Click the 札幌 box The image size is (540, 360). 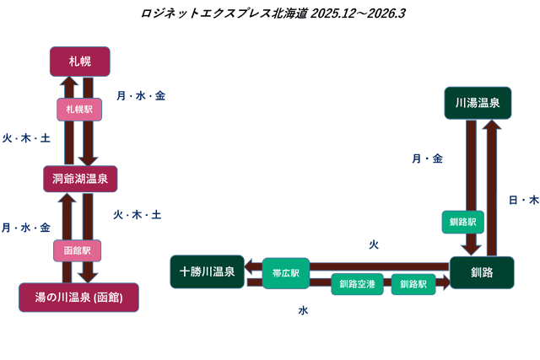coord(80,61)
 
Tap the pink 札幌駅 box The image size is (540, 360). coord(79,110)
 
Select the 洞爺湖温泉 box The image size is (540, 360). coord(79,179)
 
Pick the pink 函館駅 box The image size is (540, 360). coord(77,250)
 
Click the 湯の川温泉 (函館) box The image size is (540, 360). coord(78,297)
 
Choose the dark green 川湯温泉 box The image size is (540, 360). coord(478,103)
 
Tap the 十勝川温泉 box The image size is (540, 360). coord(207,271)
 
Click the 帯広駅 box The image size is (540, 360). coord(286,272)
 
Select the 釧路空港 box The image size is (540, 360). coord(357,284)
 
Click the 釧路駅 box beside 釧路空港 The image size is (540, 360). coord(413,284)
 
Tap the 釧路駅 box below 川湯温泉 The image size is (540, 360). coord(463,223)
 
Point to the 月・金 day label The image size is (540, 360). coord(427,159)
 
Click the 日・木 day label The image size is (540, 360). coord(523,200)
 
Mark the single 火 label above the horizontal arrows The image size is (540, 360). coord(374,244)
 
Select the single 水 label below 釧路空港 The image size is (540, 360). coord(303,311)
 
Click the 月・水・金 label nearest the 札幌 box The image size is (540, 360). coord(141,96)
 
